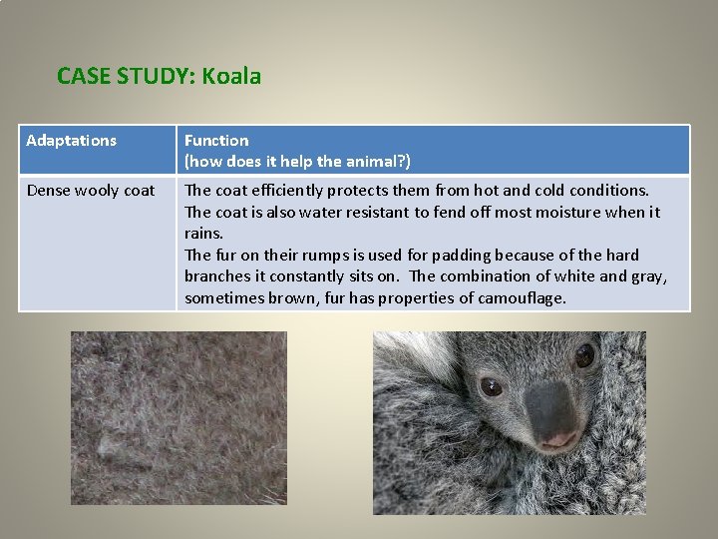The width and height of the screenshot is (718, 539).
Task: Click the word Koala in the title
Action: [232, 76]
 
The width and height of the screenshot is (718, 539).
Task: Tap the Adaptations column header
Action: [71, 141]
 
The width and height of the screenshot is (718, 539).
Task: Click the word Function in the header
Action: [216, 141]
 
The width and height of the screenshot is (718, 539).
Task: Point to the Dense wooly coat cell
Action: [91, 191]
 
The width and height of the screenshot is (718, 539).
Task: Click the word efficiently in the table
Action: [287, 191]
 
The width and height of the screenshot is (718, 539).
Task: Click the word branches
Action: [218, 276]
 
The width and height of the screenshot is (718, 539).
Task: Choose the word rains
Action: [203, 234]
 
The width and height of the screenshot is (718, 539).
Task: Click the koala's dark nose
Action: [550, 409]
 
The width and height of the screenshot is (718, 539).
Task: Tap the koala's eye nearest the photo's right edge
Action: [583, 354]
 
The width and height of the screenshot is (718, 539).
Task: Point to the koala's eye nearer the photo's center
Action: [491, 386]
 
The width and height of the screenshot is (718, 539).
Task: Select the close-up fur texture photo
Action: [179, 417]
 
